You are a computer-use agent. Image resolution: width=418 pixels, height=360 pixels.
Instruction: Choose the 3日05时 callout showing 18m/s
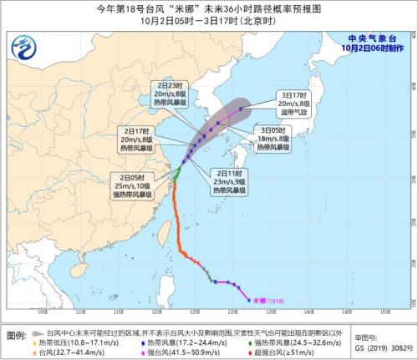[x=273, y=139]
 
